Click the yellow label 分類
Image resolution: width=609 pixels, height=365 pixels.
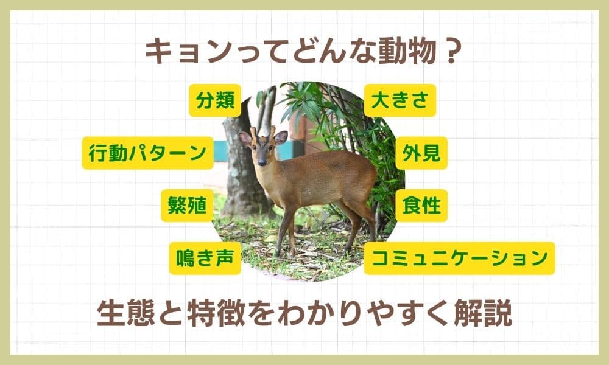pos(215,100)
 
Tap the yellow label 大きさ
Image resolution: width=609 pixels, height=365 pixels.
pos(400,100)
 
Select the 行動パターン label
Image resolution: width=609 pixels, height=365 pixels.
pos(147,153)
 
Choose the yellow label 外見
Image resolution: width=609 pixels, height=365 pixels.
pos(421,153)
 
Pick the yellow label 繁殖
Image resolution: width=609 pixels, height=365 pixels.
pos(187,206)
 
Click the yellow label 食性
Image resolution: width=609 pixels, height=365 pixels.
pos(421,206)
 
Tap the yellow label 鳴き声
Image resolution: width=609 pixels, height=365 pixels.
pos(205,259)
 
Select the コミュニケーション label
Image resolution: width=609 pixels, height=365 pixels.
pos(459,259)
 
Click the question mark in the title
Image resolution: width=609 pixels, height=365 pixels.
pos(451,52)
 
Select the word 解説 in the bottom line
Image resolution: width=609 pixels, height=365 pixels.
pos(483,313)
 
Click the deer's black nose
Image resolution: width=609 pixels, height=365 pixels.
pos(262,162)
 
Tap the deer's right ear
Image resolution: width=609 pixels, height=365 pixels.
pos(245,139)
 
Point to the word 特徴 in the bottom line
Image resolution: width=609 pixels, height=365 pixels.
pos(216,313)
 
